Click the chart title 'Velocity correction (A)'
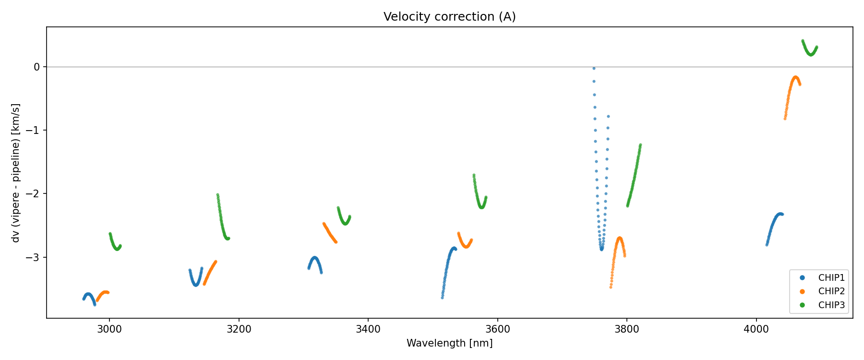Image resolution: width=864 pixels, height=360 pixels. (x=449, y=17)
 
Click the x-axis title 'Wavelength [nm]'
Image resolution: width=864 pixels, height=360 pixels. (x=449, y=343)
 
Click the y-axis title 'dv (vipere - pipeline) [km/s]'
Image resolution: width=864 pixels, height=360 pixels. (x=16, y=172)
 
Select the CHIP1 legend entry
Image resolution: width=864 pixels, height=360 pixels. (x=831, y=278)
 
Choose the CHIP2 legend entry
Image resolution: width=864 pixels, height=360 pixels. (x=831, y=291)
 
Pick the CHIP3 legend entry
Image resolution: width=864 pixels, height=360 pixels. (x=831, y=305)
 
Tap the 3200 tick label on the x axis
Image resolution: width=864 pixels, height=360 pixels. (x=239, y=329)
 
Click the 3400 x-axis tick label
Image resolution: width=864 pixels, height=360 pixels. (x=368, y=329)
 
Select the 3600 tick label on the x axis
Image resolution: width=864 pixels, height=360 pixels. (x=498, y=329)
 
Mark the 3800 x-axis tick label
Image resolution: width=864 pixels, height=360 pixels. (x=627, y=329)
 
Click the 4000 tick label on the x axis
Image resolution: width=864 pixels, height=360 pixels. (x=756, y=329)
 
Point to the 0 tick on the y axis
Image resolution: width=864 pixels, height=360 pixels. (x=36, y=67)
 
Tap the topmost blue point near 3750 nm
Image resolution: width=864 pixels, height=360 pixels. (x=594, y=69)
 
